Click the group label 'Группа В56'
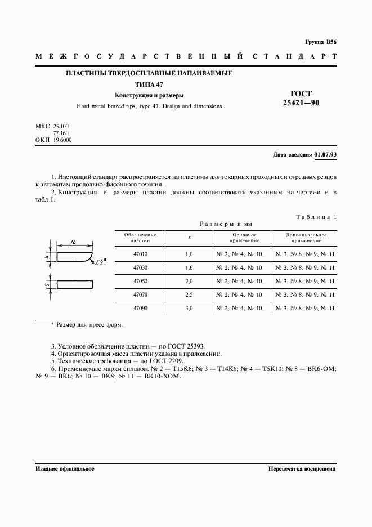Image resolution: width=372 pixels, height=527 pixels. pyautogui.click(x=320, y=42)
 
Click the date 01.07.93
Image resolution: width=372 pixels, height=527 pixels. pyautogui.click(x=325, y=154)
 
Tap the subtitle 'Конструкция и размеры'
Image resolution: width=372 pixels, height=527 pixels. pyautogui.click(x=149, y=95)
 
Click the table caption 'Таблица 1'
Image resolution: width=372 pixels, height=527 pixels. pyautogui.click(x=316, y=217)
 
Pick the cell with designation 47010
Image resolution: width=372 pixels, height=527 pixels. pyautogui.click(x=141, y=254)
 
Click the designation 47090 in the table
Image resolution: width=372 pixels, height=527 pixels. pyautogui.click(x=141, y=309)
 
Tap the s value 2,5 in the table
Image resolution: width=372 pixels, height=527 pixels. pyautogui.click(x=189, y=295)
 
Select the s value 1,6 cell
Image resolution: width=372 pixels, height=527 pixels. pyautogui.click(x=189, y=268)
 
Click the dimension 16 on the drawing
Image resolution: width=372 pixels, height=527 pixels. pyautogui.click(x=74, y=242)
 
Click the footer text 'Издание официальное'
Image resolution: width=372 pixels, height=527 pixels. pyautogui.click(x=65, y=468)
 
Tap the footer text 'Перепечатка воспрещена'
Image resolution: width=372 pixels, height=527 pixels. pyautogui.click(x=302, y=468)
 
